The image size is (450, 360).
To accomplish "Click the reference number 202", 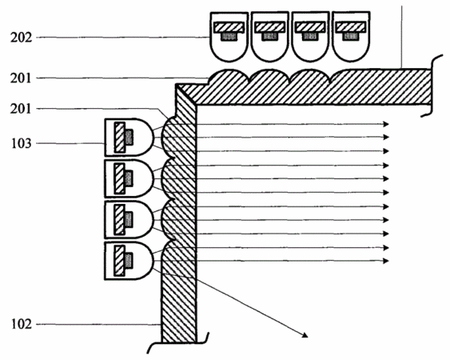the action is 22,38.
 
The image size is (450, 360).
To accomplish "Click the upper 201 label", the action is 21,78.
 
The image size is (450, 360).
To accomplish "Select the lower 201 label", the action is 20,109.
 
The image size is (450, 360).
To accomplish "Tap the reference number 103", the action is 22,144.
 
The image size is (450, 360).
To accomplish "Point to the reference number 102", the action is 22,324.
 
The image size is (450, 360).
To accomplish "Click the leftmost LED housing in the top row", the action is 229,37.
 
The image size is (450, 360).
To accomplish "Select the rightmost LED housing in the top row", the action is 351,37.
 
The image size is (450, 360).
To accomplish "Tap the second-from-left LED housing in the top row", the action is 270,37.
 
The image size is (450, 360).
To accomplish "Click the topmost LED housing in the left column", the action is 129,138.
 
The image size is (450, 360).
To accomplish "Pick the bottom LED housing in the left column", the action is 129,261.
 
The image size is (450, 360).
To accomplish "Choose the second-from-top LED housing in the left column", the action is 129,178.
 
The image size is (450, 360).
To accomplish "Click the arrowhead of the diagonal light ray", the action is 305,334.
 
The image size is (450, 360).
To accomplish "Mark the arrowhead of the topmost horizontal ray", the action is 386,124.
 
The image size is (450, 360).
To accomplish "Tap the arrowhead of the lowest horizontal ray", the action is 386,261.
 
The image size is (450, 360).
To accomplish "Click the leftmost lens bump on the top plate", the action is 229,77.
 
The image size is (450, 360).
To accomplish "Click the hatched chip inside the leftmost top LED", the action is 229,27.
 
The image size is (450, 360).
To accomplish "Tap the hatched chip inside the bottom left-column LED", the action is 119,261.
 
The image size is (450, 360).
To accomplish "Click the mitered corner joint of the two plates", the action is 186,94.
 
